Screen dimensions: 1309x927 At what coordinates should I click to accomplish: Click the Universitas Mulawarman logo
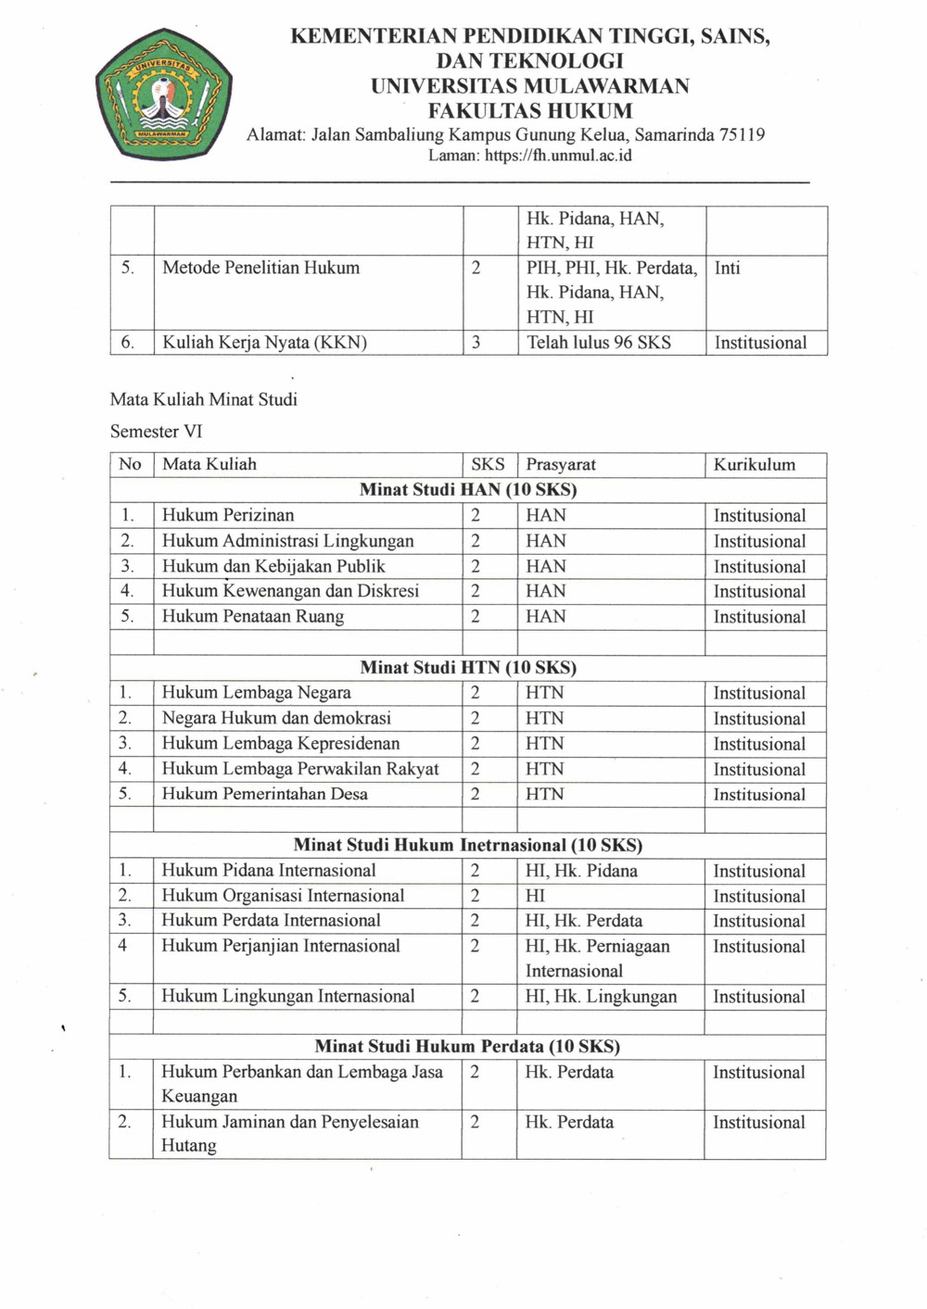point(163,94)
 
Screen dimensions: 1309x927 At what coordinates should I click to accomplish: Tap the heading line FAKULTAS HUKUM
point(529,111)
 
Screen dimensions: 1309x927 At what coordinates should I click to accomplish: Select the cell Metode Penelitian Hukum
point(260,268)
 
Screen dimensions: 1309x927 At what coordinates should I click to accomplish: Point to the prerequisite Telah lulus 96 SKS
point(599,343)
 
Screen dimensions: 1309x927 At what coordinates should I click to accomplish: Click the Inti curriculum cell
point(727,268)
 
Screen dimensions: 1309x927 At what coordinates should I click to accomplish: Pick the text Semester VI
point(156,431)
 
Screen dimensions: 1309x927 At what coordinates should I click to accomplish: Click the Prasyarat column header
point(561,464)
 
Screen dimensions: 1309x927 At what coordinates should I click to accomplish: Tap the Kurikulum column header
point(754,464)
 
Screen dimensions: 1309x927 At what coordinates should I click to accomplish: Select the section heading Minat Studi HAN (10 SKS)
point(468,489)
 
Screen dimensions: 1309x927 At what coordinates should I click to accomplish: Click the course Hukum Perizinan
point(228,515)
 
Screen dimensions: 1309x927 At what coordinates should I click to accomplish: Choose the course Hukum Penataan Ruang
point(253,616)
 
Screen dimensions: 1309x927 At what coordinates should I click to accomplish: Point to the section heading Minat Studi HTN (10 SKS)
point(468,667)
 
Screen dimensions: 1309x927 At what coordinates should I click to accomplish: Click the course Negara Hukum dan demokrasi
point(276,718)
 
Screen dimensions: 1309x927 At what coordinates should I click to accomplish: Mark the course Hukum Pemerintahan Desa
point(264,794)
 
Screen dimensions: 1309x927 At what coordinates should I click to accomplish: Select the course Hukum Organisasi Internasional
point(283,896)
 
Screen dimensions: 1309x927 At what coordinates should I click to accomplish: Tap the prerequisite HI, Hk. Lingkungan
point(601,997)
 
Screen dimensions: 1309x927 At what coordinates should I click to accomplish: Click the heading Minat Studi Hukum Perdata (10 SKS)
point(467,1046)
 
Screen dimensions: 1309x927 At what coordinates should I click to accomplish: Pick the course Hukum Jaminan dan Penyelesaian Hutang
point(289,1133)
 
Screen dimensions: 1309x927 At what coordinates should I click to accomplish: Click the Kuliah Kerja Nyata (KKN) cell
point(264,343)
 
